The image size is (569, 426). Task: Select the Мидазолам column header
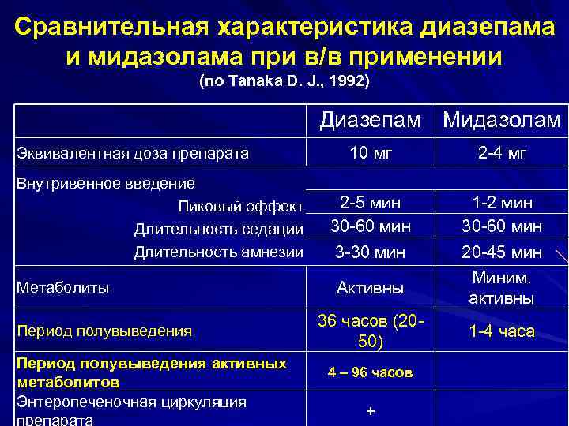click(502, 121)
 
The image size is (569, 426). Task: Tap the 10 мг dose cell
click(371, 154)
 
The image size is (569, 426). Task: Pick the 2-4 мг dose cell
click(502, 154)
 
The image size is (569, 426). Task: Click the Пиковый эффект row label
click(241, 207)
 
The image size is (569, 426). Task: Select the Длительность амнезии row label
click(219, 252)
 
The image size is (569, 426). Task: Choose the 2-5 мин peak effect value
click(371, 203)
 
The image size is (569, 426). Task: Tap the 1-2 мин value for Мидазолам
click(502, 203)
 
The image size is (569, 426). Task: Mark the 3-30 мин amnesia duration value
click(371, 253)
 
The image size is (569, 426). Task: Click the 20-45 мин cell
click(502, 253)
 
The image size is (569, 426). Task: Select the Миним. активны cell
click(502, 288)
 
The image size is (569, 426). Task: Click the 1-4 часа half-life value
click(502, 331)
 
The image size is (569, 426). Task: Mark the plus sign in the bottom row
click(371, 413)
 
